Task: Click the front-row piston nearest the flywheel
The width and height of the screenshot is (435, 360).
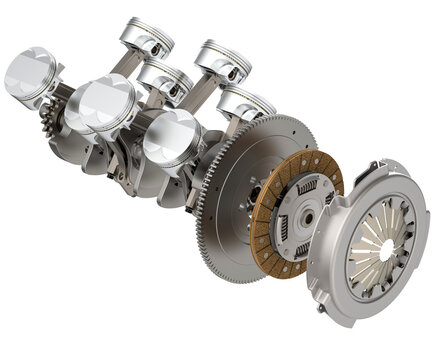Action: coord(172,138)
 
